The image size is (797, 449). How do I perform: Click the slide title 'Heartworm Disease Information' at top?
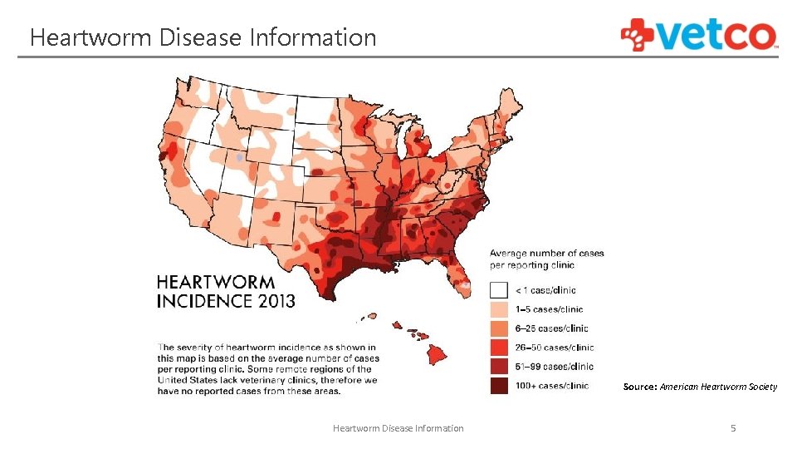(203, 37)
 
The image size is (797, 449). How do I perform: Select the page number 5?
(732, 428)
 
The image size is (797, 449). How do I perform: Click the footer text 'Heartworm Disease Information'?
(398, 428)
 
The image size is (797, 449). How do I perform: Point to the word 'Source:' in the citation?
(640, 387)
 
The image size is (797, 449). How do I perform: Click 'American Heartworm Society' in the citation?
(718, 387)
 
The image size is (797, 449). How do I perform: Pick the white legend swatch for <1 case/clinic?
(498, 290)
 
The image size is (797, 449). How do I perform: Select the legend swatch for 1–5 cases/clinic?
(498, 309)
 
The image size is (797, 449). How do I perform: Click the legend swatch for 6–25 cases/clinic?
(498, 328)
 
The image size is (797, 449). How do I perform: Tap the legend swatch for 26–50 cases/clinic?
(498, 348)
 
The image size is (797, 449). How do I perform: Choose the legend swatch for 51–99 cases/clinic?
(498, 367)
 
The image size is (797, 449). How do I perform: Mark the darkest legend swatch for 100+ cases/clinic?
(498, 386)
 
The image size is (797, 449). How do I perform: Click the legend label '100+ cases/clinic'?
(552, 386)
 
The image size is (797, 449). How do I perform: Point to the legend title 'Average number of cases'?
(546, 253)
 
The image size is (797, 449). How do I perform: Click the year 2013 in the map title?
(269, 300)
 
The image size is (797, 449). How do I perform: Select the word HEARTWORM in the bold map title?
(216, 283)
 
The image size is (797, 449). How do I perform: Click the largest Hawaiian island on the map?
(438, 355)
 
